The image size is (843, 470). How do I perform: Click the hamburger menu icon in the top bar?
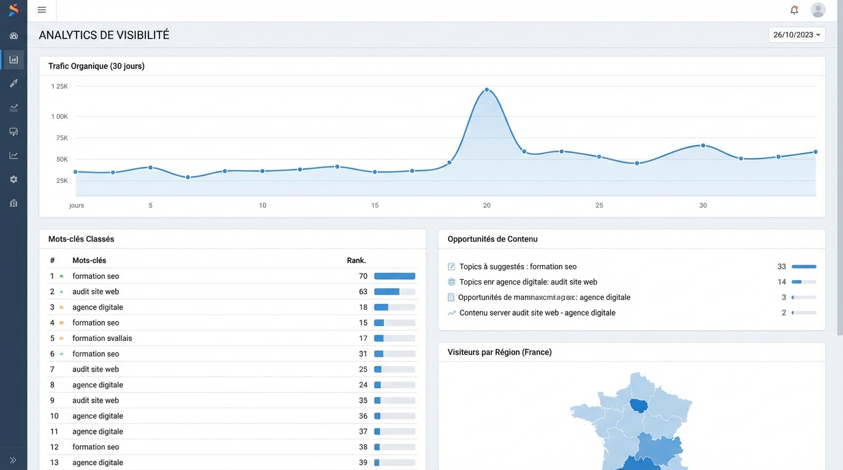[42, 10]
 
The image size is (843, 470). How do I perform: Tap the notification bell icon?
[794, 10]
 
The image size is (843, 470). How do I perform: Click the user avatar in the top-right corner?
[818, 10]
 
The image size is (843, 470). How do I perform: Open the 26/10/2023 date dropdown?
[796, 35]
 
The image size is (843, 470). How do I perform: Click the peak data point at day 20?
[487, 89]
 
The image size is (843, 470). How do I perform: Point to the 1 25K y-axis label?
[59, 86]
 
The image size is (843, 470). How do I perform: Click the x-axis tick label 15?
[375, 206]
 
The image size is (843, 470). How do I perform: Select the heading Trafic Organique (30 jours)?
[96, 66]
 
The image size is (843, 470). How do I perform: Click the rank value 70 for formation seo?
[363, 276]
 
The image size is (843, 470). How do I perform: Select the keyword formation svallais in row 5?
[102, 338]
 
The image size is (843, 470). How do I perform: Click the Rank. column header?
[356, 260]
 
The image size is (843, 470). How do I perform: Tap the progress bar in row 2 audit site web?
[395, 292]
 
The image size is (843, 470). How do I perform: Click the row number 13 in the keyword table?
[54, 463]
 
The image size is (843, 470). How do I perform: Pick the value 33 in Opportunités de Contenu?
[782, 267]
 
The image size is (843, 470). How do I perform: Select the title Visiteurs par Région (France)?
[499, 352]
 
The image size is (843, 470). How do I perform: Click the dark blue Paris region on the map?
[639, 405]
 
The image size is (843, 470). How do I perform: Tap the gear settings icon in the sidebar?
[13, 179]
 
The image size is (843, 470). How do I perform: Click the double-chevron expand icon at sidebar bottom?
[13, 460]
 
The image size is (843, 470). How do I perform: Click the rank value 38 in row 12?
[363, 447]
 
